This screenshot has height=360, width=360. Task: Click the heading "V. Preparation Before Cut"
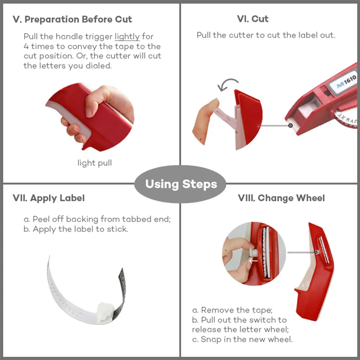[72, 19]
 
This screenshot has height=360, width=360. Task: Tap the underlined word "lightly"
[127, 36]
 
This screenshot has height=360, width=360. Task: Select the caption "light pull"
[95, 163]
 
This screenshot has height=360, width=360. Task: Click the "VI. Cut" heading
[253, 19]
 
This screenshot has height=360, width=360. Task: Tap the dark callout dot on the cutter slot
[291, 125]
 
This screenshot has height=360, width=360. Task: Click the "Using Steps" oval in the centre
[180, 184]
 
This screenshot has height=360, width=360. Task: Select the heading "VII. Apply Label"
[49, 198]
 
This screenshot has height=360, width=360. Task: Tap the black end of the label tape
[121, 292]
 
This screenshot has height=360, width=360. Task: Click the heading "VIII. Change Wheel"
[281, 198]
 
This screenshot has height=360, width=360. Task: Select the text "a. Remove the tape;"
[232, 310]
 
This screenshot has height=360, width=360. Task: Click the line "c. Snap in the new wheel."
[242, 339]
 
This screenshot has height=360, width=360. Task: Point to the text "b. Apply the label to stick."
[76, 229]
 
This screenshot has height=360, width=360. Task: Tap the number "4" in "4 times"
[26, 46]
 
